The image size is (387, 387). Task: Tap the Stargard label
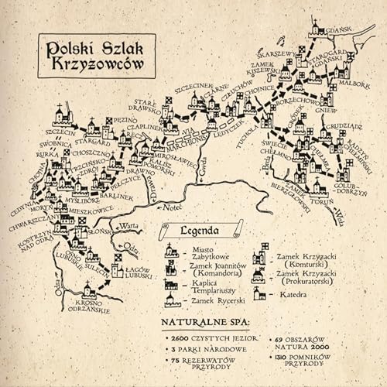pyautogui.click(x=94, y=142)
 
